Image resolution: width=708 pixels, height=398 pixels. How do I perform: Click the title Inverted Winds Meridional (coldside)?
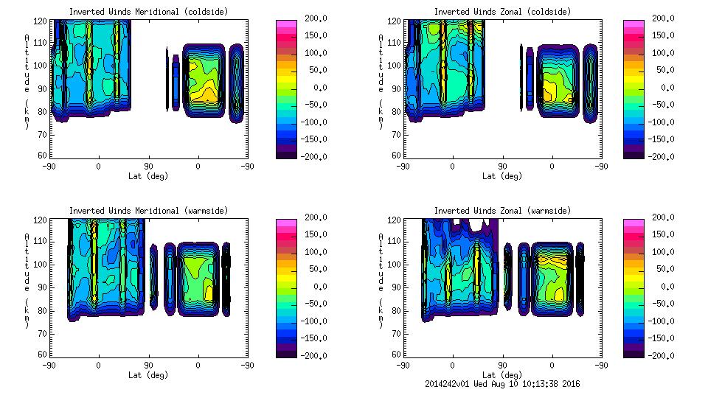(x=148, y=12)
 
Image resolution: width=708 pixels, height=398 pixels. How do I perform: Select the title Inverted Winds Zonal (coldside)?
(x=502, y=12)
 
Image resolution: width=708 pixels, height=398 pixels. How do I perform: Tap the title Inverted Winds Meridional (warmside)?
(x=148, y=211)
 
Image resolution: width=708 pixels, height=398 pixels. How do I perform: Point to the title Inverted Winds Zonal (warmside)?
(x=502, y=211)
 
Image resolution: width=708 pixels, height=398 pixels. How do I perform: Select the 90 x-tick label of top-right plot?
(x=502, y=167)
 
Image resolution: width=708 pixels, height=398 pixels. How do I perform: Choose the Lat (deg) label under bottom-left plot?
(x=148, y=375)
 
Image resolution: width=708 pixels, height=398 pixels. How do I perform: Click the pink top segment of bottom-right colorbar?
(x=634, y=223)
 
